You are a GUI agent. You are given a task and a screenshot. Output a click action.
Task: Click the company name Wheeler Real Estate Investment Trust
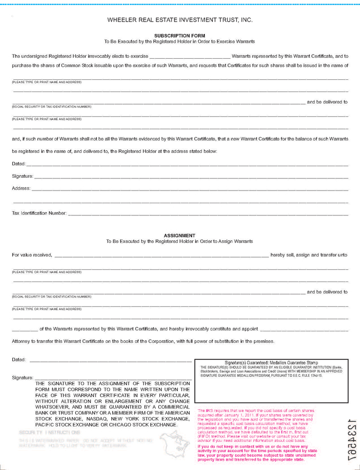tap(179, 20)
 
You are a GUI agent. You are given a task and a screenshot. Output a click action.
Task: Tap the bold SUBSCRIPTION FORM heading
tap(179, 35)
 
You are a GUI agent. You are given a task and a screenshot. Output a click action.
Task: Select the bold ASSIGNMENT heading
tap(179, 236)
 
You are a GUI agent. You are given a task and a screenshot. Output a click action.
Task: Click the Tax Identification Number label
tap(39, 213)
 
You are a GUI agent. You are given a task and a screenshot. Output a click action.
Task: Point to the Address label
tap(21, 188)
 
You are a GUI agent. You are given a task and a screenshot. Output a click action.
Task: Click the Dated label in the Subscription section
tap(19, 164)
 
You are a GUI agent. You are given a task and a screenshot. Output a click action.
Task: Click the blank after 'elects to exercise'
tap(190, 56)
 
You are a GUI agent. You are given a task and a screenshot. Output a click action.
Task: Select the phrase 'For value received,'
tap(32, 255)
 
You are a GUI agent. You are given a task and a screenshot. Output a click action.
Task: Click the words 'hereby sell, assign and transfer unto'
tap(309, 255)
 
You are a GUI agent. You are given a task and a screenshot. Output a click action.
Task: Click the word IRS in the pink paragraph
tap(209, 411)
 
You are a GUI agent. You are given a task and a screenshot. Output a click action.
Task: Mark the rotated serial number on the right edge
tap(351, 437)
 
